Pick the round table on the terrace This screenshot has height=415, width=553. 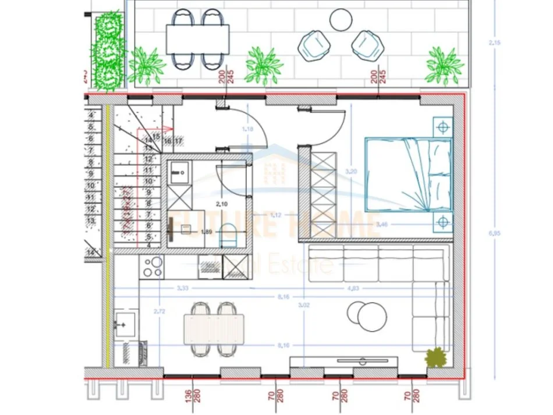[x=341, y=20]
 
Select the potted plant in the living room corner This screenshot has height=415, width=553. [x=436, y=357]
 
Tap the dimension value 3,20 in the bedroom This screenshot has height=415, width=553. [x=350, y=172]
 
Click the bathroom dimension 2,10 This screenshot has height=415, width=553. [x=221, y=204]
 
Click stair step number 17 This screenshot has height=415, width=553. [x=178, y=141]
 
